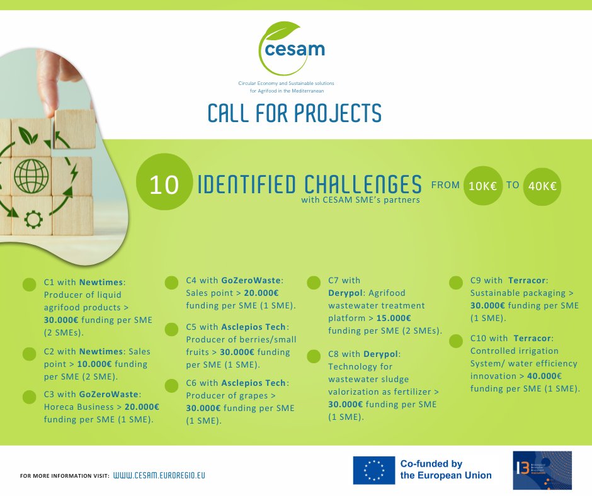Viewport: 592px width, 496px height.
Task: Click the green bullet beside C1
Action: [29, 285]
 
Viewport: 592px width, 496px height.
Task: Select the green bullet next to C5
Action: [171, 329]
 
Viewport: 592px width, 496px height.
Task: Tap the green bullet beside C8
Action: [313, 356]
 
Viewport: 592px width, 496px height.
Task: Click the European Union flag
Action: [374, 470]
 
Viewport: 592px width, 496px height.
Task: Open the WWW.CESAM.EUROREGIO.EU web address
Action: [159, 475]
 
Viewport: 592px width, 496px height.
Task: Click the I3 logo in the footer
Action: [542, 470]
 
